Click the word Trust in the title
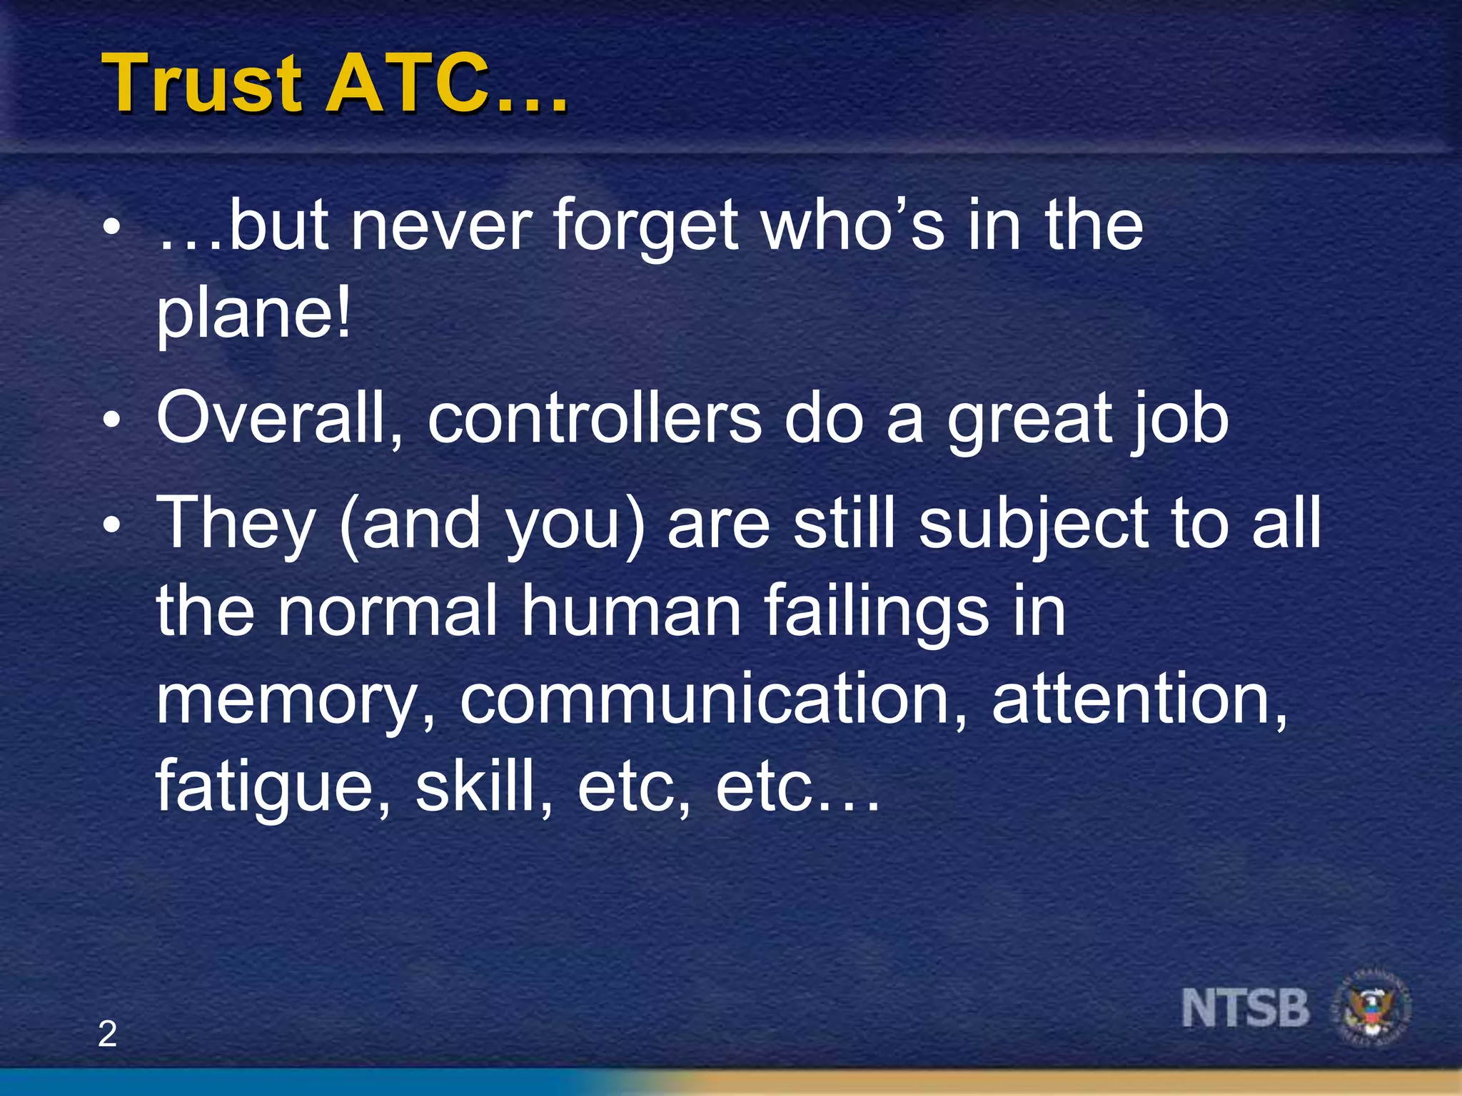point(203,83)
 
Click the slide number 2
point(107,1034)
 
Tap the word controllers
point(595,419)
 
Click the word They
point(236,524)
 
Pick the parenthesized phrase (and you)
point(493,524)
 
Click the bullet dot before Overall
point(111,421)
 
